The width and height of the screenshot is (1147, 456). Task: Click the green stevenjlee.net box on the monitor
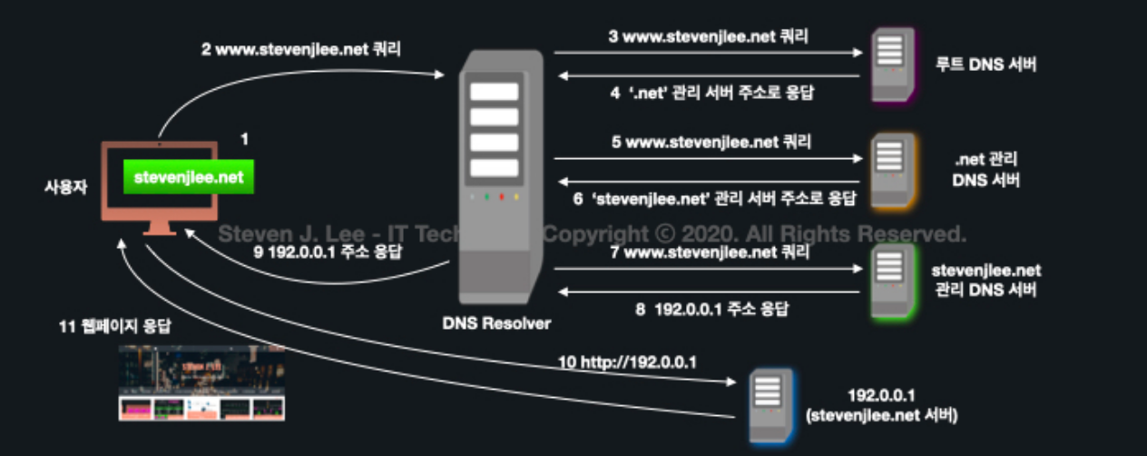point(188,178)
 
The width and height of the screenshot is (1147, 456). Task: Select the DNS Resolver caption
point(496,322)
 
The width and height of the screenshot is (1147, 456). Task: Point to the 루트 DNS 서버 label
point(985,65)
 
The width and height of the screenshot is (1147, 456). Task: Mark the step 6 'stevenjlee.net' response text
point(716,197)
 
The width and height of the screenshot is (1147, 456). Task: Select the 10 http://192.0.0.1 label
point(627,362)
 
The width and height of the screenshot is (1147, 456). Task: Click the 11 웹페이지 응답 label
point(113,325)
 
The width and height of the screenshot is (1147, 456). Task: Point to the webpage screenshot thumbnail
point(201,382)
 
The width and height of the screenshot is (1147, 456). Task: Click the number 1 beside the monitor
point(243,139)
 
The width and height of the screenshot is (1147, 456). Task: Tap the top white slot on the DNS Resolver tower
point(494,92)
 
